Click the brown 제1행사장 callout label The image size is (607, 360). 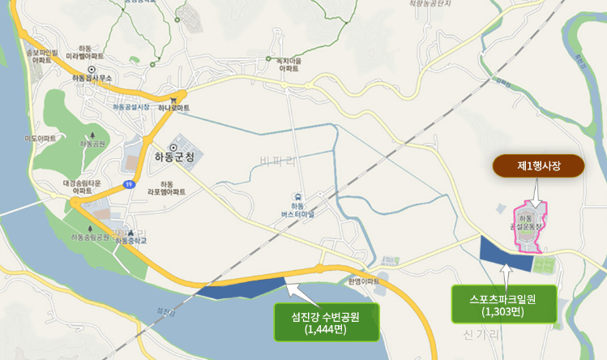[539, 166]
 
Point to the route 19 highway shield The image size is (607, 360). [129, 185]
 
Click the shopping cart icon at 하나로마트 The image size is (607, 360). [173, 100]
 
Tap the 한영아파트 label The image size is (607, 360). [363, 281]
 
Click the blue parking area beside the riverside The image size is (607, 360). [243, 289]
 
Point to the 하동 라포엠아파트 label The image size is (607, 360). [167, 188]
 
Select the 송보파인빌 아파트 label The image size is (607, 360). [41, 56]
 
